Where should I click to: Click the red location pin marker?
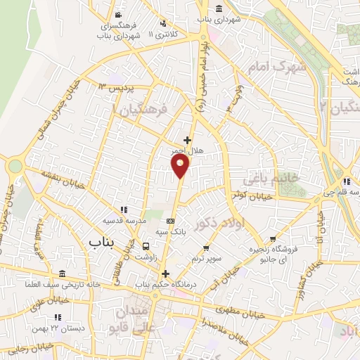click(x=181, y=165)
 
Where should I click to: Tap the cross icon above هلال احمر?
click(x=187, y=140)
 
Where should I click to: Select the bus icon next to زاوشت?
click(x=146, y=246)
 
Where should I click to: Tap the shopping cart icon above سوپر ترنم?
click(x=206, y=247)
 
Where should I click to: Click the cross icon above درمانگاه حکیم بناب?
click(x=165, y=274)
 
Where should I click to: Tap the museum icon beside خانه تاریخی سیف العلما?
click(x=63, y=274)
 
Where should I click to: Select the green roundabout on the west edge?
click(x=15, y=166)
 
